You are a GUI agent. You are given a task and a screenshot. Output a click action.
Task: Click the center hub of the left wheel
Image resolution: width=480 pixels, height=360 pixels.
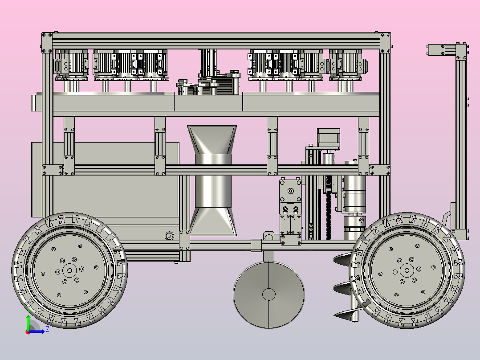tap(69, 270)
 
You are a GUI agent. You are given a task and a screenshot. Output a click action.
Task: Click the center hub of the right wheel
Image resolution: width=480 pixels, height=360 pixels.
tap(407, 270)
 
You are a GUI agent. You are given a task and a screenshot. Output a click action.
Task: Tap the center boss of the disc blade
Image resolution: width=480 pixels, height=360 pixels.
tap(269, 295)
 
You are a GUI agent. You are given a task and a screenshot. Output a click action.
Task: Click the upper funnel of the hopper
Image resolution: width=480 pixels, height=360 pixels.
tap(212, 139)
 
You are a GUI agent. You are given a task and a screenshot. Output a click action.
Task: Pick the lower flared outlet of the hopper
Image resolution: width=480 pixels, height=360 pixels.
tap(213, 221)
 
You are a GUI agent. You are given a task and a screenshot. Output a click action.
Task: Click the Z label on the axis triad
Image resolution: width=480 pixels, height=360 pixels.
tap(48, 329)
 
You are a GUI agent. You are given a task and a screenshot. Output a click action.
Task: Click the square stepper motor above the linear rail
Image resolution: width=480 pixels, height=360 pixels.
tap(329, 139)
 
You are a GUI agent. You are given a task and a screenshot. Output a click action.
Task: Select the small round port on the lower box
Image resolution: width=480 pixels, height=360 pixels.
tap(169, 236)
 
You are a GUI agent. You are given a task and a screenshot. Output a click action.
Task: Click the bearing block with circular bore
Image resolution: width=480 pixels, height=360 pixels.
tap(290, 191)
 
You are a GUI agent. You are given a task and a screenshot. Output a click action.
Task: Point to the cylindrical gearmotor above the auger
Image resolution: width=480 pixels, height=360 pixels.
tap(355, 187)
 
